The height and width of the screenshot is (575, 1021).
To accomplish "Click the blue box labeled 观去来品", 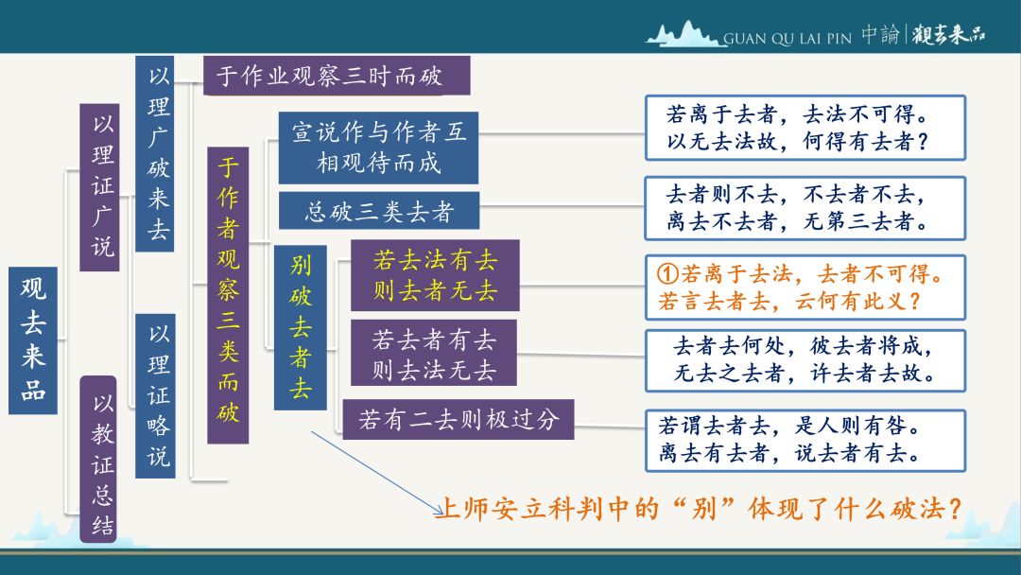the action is click(32, 340).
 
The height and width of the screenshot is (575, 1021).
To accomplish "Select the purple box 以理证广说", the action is click(99, 187).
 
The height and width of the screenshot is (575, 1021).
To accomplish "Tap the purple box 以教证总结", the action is click(98, 460).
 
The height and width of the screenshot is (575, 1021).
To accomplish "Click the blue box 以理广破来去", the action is click(155, 154).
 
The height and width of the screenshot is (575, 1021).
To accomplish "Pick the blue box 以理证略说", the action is click(155, 396).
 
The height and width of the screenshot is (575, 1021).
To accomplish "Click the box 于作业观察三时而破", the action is click(337, 76).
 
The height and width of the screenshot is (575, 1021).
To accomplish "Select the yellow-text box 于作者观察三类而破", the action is click(228, 295).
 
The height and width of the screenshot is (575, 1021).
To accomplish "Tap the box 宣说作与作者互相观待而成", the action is click(378, 148).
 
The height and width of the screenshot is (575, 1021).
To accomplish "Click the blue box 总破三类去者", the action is click(379, 210).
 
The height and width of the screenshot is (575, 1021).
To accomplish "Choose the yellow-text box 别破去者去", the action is click(301, 327).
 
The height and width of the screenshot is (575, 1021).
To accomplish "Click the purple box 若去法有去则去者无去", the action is click(435, 275).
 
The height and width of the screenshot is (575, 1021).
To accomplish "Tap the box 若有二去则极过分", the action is click(459, 419).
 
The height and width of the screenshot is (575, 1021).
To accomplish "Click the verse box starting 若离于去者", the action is click(805, 128).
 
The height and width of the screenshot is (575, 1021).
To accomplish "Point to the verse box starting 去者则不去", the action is click(805, 208).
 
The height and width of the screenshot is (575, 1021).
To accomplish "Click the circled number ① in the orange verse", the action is click(668, 273).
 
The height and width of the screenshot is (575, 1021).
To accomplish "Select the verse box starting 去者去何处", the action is click(805, 360).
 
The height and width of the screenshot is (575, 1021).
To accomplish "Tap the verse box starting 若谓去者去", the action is click(805, 440).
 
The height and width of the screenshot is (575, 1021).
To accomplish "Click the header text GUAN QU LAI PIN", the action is click(787, 39).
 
